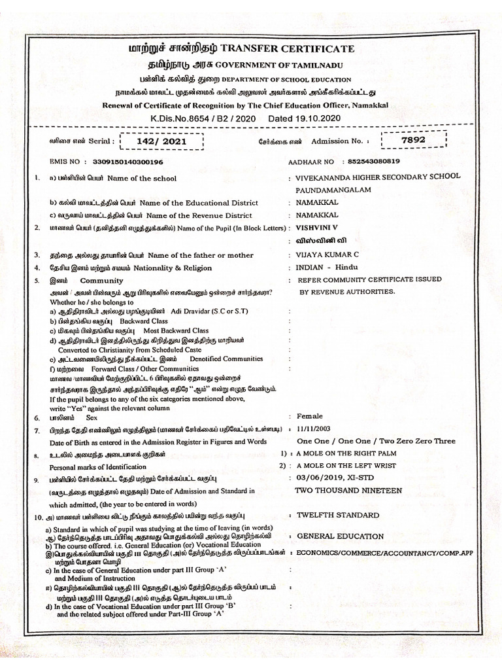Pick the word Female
tap(310, 415)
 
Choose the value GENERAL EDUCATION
tap(340, 536)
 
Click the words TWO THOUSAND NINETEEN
tap(348, 490)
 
